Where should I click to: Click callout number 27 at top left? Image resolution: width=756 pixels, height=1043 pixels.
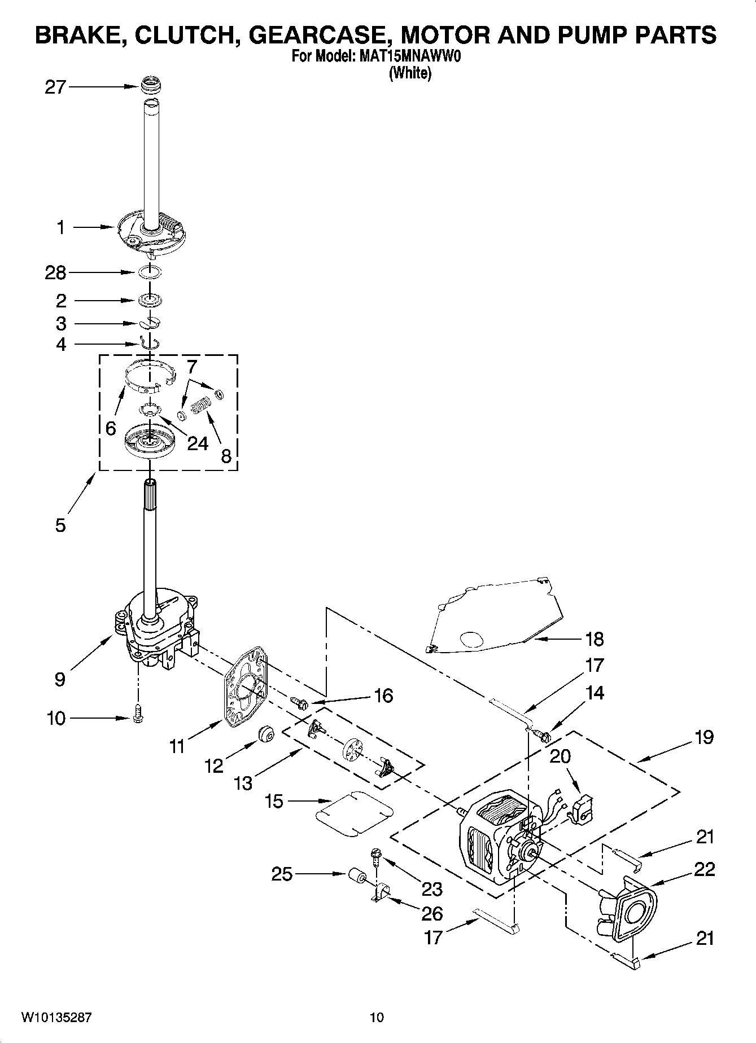tap(55, 87)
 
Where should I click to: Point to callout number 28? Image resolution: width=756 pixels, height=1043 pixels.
tap(55, 273)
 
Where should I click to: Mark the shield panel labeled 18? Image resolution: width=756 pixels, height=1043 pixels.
tap(497, 618)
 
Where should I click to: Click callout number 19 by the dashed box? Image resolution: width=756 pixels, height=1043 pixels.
tap(704, 737)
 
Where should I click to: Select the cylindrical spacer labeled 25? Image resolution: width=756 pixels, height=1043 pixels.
tap(356, 875)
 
